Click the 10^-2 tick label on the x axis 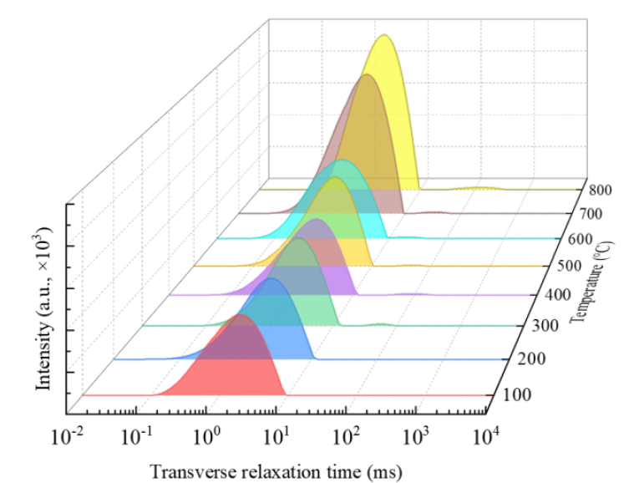tap(68, 436)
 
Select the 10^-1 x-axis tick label tap(137, 436)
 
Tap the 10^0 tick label tap(207, 436)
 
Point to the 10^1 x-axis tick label tap(276, 436)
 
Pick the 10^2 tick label tap(346, 436)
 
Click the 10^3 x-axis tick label tap(415, 436)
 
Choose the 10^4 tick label tap(485, 436)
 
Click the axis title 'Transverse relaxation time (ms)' tap(276, 470)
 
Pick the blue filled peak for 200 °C tap(276, 322)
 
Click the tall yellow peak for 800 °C tap(386, 100)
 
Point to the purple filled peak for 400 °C tap(320, 255)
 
